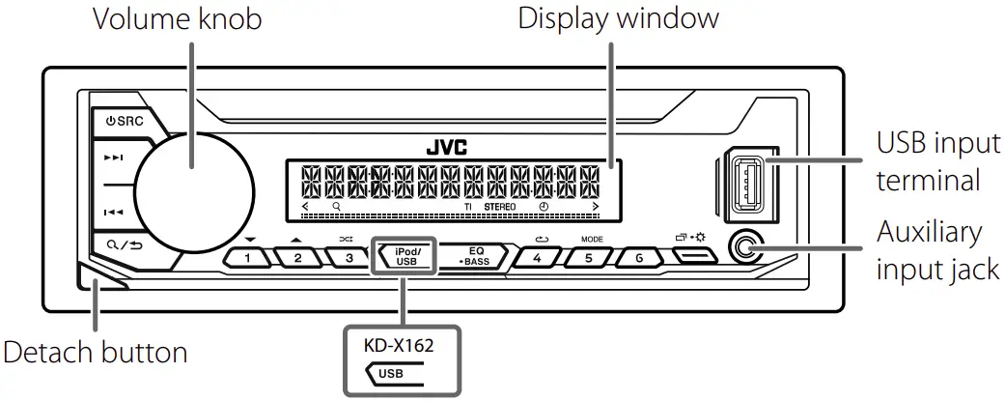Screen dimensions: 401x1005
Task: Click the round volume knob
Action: point(194,187)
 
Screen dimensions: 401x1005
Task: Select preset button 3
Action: point(348,257)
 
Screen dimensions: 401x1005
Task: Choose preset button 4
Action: point(538,258)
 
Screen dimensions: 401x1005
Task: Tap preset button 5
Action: point(589,258)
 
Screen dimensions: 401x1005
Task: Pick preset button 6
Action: point(638,258)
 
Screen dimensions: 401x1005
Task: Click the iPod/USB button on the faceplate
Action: point(406,256)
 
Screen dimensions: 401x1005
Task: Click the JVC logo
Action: point(446,148)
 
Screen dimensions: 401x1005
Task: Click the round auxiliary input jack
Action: point(742,248)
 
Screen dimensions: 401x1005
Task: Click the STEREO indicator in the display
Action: point(500,208)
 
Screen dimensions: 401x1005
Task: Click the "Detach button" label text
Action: point(96,352)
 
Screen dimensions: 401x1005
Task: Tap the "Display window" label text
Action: point(618,18)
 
